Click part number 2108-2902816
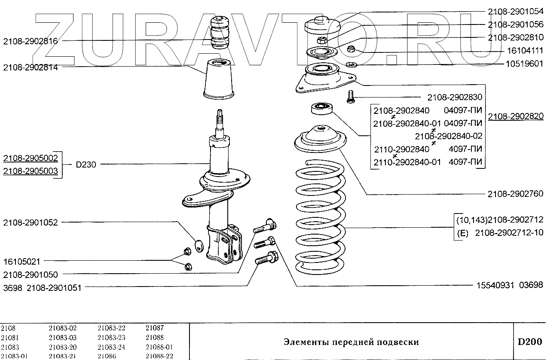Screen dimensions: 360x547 (33, 41)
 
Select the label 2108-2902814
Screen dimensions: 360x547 (33, 67)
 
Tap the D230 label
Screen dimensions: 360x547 (86, 164)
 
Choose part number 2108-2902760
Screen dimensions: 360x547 (515, 194)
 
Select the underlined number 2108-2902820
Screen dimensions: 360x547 (516, 116)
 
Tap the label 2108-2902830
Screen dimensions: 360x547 (455, 98)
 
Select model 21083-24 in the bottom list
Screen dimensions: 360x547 (111, 347)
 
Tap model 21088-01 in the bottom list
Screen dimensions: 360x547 (159, 347)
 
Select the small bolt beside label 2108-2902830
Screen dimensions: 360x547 (350, 97)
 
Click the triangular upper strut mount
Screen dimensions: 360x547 (326, 77)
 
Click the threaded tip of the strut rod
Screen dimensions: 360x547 (220, 116)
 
